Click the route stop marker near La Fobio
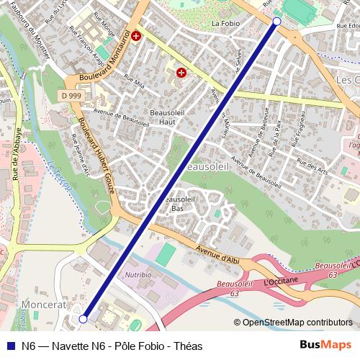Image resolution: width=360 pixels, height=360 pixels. pyautogui.click(x=277, y=22)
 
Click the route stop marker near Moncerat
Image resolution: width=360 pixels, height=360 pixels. pyautogui.click(x=84, y=318)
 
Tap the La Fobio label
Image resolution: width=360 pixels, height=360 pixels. pyautogui.click(x=225, y=23)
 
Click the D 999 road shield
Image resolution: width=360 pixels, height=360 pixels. pyautogui.click(x=71, y=95)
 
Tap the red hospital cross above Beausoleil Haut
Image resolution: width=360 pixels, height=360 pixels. pyautogui.click(x=181, y=73)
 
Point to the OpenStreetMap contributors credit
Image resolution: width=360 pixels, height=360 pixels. pyautogui.click(x=297, y=322)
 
